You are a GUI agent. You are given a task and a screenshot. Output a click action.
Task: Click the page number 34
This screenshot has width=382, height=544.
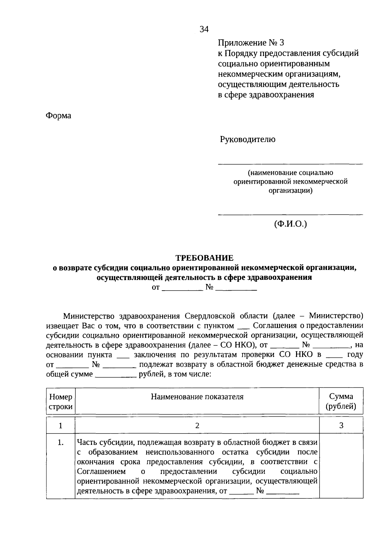204,29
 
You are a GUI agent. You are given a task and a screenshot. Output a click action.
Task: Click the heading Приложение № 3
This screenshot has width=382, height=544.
251,43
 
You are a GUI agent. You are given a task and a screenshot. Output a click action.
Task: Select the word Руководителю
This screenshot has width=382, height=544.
248,139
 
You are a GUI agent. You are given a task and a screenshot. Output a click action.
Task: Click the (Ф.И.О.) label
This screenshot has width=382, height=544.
290,224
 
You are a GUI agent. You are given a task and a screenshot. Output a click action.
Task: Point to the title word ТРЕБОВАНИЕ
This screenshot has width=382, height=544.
205,258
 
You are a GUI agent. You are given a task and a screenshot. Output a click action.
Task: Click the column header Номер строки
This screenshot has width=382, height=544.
60,401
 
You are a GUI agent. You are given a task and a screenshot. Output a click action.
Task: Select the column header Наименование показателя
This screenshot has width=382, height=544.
197,397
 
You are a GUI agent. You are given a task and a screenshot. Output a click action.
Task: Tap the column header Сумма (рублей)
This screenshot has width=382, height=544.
341,401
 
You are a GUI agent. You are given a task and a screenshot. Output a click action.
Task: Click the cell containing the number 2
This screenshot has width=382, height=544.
197,426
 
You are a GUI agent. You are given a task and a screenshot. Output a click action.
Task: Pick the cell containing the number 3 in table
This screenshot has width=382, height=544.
341,426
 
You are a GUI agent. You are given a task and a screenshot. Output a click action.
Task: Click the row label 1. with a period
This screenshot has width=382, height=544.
60,442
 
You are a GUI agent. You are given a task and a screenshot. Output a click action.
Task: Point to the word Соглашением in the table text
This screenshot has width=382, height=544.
101,471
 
